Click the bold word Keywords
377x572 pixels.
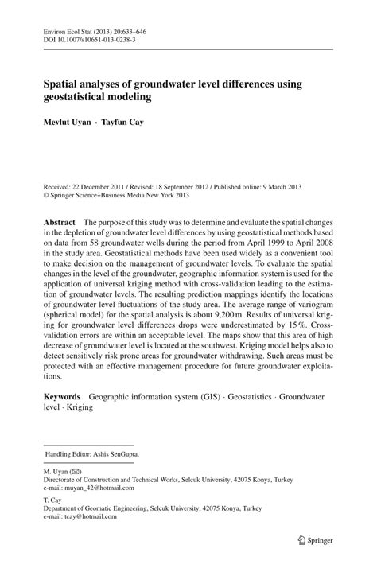pos(63,395)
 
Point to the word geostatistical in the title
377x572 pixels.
pos(80,95)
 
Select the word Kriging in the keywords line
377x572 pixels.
pos(80,407)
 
